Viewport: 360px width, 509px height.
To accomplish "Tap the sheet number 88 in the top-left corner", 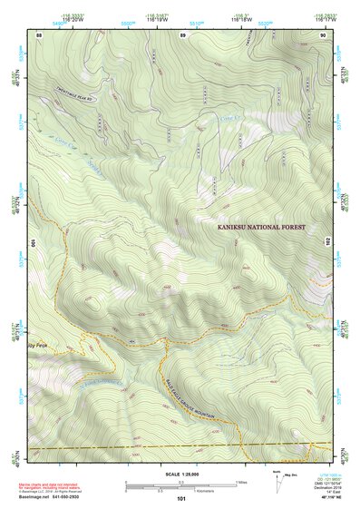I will [x=39, y=34].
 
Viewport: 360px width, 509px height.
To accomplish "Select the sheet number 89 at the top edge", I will [x=182, y=34].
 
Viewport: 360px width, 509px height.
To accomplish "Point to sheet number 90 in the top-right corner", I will [x=323, y=34].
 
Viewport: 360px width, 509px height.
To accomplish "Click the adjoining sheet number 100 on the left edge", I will [x=33, y=243].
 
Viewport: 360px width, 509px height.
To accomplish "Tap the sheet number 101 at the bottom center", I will [x=180, y=498].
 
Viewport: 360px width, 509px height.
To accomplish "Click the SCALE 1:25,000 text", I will [x=180, y=474].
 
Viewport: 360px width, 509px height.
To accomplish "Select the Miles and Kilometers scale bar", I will [x=181, y=484].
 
